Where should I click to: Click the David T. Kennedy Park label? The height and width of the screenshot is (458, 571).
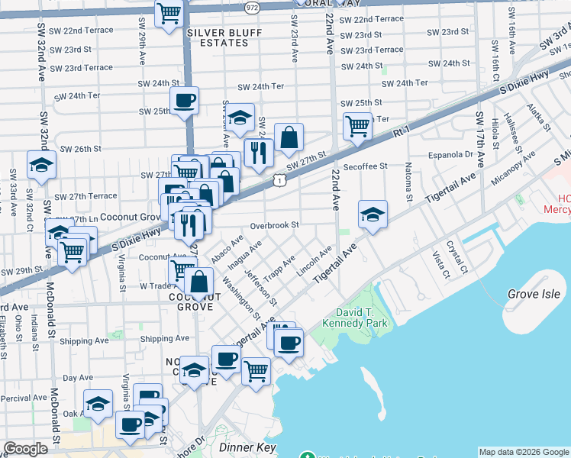(362, 318)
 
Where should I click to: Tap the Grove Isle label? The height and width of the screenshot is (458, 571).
(534, 294)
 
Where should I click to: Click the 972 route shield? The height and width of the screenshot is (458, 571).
(251, 6)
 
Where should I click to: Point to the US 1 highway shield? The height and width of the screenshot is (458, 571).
(281, 179)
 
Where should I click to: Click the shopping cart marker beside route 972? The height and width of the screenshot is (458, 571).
(168, 13)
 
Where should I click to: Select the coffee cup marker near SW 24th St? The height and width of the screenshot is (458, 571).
(184, 99)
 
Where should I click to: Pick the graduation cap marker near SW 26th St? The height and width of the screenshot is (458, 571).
(41, 164)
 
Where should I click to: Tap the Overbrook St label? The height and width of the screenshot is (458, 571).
(274, 225)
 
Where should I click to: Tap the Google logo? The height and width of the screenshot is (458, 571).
(25, 449)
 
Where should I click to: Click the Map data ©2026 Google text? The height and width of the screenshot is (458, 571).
(523, 452)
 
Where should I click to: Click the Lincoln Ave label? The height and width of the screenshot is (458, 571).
(315, 262)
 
